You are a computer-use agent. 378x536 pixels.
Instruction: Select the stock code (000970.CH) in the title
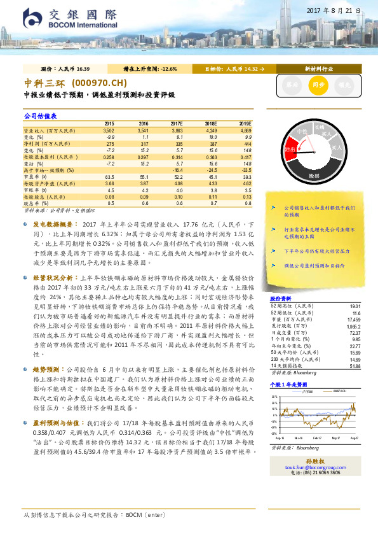[95, 84]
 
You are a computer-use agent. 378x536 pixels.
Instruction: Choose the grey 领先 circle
[343, 84]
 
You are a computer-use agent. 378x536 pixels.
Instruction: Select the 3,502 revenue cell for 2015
[109, 130]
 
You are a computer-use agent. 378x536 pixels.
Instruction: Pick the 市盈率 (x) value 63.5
[109, 176]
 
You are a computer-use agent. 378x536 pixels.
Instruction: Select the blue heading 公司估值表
[41, 116]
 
